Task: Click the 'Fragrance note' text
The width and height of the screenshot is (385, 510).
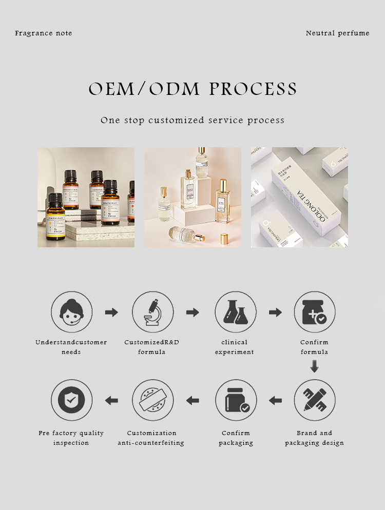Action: click(x=44, y=33)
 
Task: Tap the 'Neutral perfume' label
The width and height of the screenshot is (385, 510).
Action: click(x=337, y=33)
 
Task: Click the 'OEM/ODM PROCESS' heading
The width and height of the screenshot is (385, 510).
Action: click(x=192, y=89)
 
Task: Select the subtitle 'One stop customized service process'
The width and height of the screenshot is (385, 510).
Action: click(x=192, y=121)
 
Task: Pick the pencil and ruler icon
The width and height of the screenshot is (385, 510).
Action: click(x=315, y=400)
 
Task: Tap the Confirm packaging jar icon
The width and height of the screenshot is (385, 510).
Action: click(x=236, y=400)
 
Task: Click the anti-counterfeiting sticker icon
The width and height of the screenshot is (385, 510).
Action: click(x=152, y=400)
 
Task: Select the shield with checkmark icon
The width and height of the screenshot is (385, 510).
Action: click(x=71, y=400)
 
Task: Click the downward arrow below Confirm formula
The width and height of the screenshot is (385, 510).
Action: click(x=315, y=366)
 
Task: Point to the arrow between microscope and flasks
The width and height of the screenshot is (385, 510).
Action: click(x=192, y=312)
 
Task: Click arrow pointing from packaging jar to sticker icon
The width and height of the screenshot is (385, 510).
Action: click(x=192, y=400)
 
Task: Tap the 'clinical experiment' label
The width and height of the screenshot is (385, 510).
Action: click(x=235, y=347)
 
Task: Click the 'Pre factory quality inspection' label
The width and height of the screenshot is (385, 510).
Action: click(x=71, y=438)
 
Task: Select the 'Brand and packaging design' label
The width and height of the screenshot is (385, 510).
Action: click(x=315, y=438)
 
